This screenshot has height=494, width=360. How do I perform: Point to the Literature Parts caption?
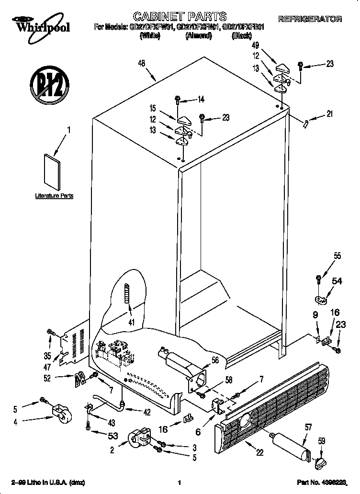[55, 196]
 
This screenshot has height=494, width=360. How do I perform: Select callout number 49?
[256, 46]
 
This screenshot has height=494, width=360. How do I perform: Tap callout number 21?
[329, 114]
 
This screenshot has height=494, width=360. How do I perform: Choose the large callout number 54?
[337, 282]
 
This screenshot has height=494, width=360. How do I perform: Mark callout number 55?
[337, 256]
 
